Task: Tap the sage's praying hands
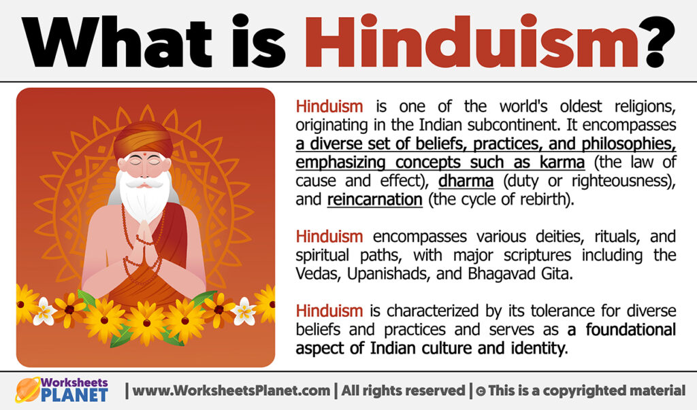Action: point(145,230)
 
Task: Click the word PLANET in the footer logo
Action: point(74,396)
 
